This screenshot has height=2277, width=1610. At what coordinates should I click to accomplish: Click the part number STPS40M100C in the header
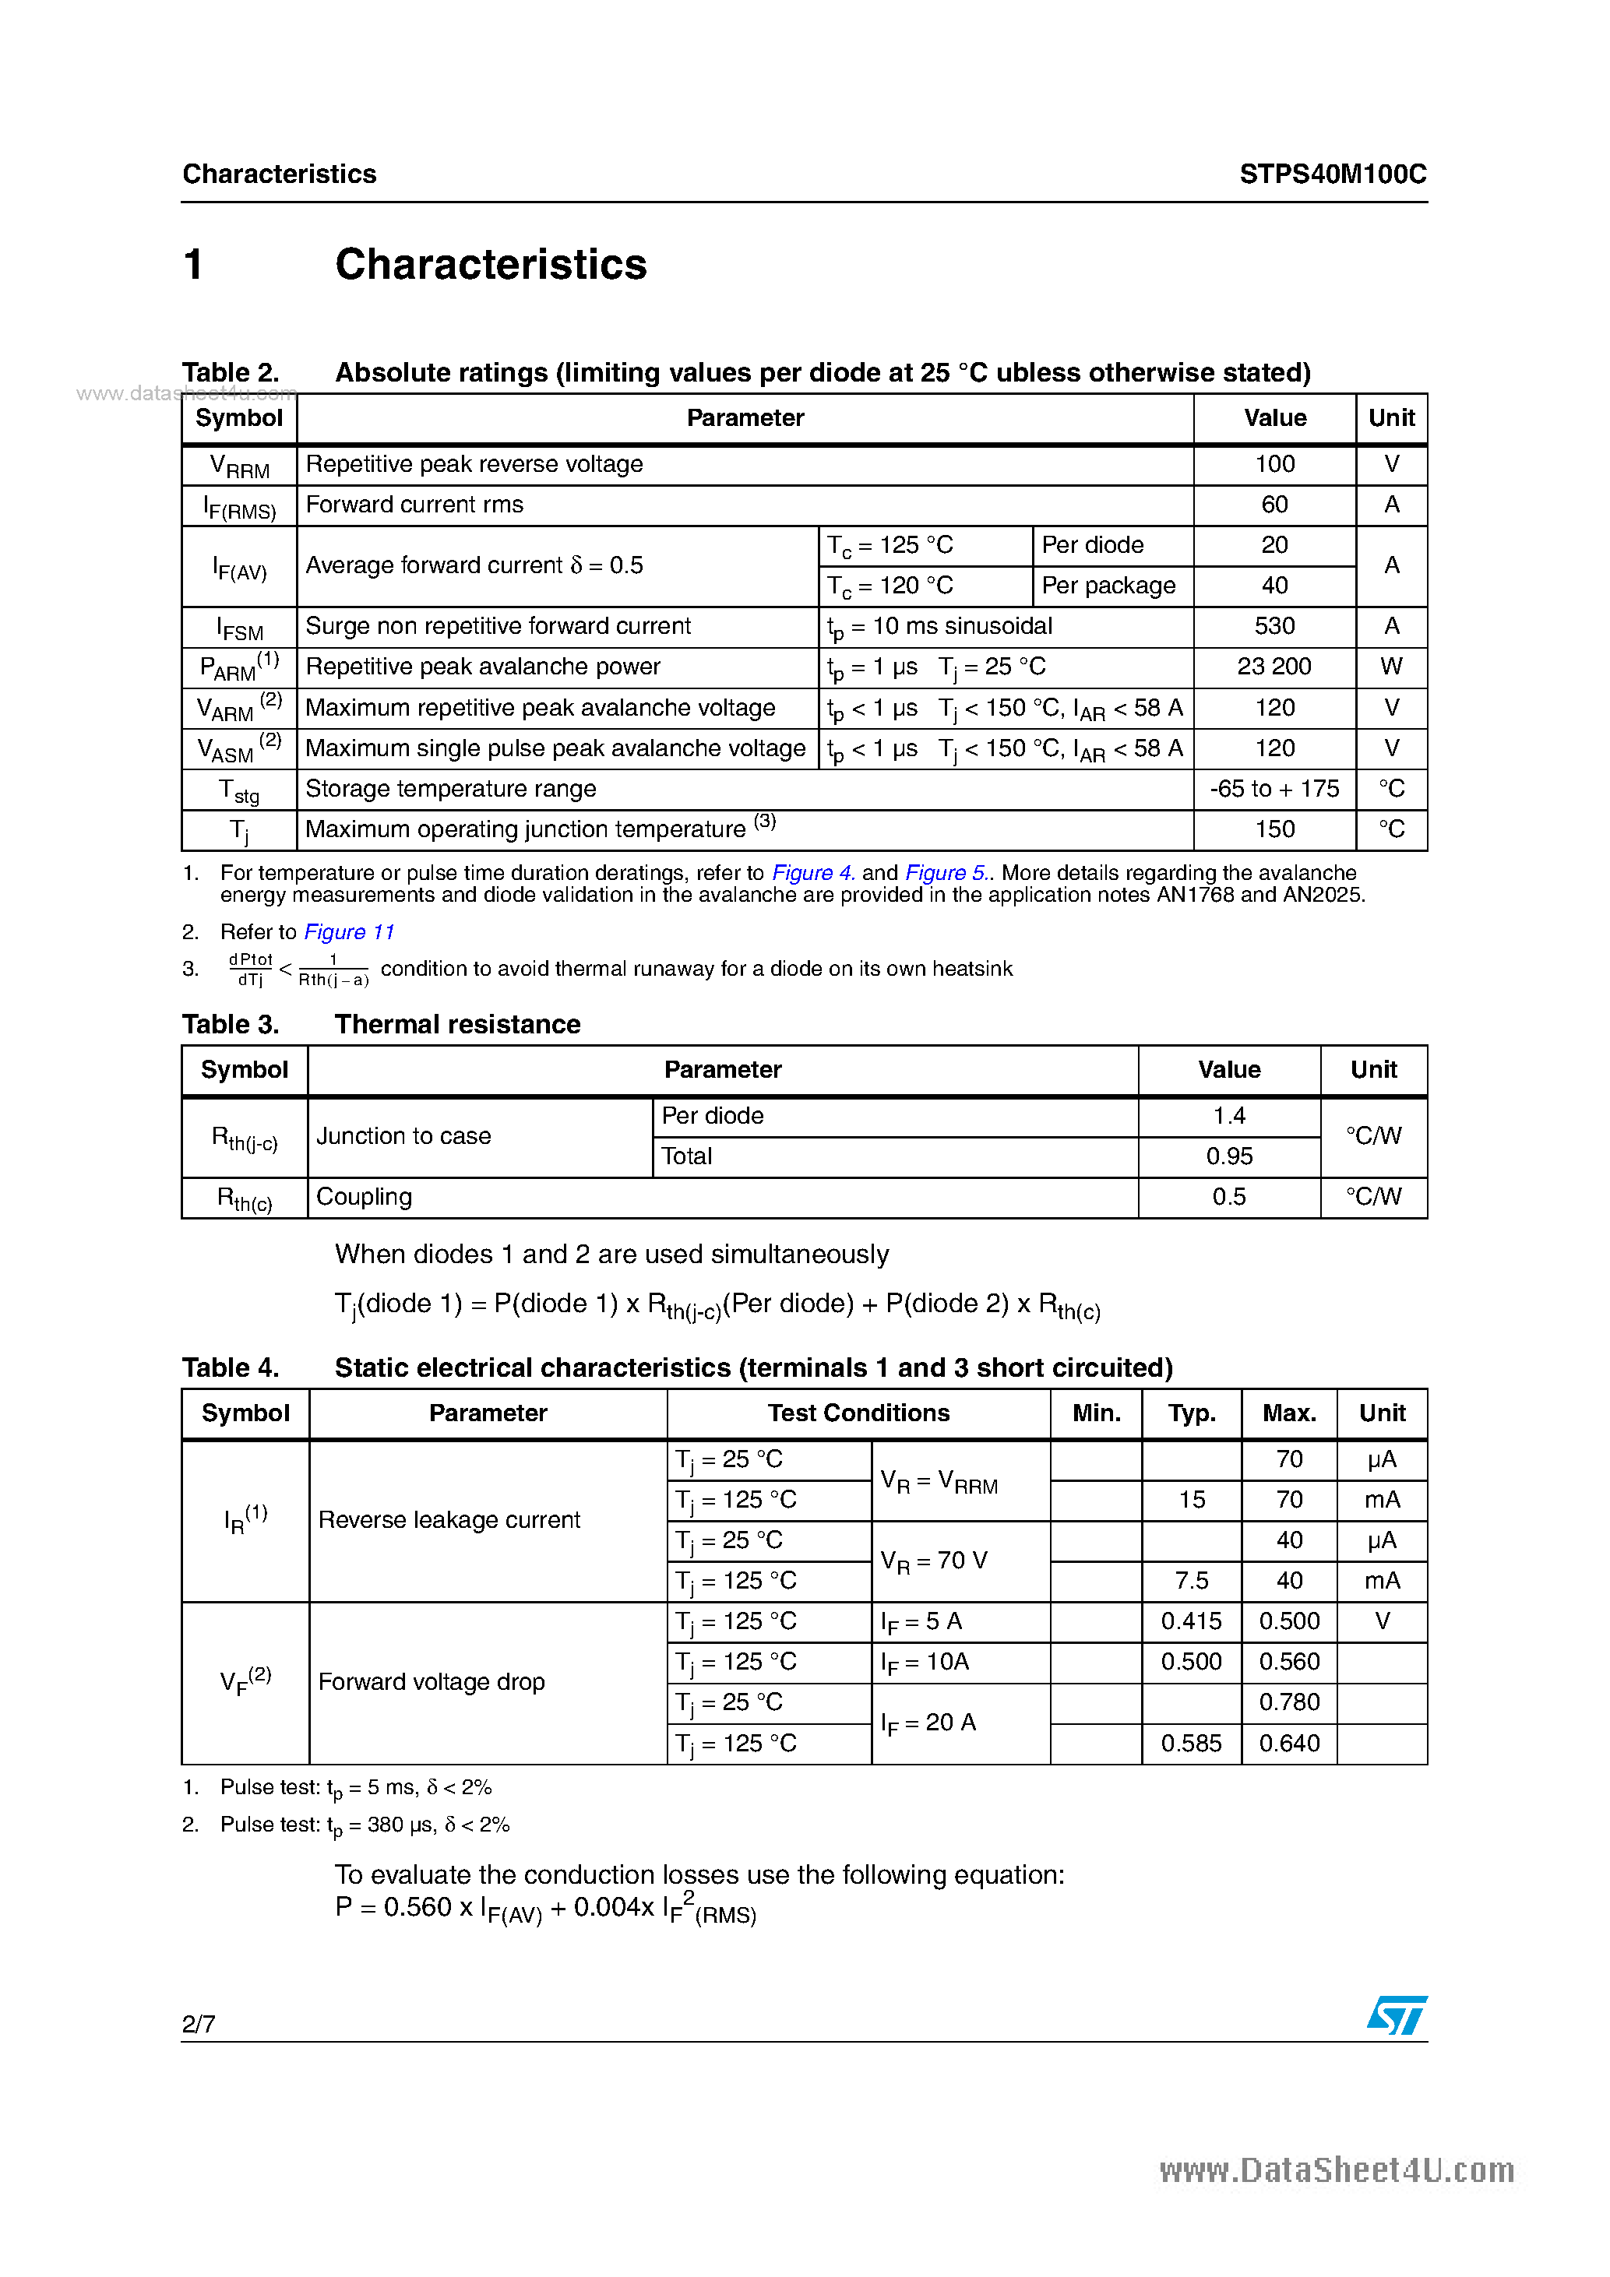click(x=1332, y=174)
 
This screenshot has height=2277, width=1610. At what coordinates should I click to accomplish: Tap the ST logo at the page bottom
click(x=1397, y=2015)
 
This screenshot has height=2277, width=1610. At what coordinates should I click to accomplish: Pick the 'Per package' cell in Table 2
click(x=1108, y=586)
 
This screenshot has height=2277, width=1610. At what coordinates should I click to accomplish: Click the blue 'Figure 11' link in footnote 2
click(x=349, y=932)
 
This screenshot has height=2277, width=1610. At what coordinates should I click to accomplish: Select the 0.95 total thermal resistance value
click(x=1229, y=1156)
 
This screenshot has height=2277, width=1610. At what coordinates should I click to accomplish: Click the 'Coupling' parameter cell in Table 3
click(x=364, y=1197)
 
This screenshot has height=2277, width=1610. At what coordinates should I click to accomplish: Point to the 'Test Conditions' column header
click(x=858, y=1413)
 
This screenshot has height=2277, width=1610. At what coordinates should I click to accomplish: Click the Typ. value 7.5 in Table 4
click(x=1192, y=1581)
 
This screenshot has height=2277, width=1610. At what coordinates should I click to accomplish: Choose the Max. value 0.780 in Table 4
click(x=1288, y=1703)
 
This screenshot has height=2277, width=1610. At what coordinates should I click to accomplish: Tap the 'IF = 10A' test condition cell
click(x=925, y=1662)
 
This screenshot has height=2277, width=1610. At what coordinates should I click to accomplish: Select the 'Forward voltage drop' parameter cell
click(x=432, y=1682)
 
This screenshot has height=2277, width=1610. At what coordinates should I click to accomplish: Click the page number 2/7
click(x=199, y=2024)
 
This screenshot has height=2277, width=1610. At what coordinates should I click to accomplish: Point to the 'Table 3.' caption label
click(x=230, y=1025)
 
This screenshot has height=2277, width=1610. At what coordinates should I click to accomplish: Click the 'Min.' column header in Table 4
click(x=1096, y=1413)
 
